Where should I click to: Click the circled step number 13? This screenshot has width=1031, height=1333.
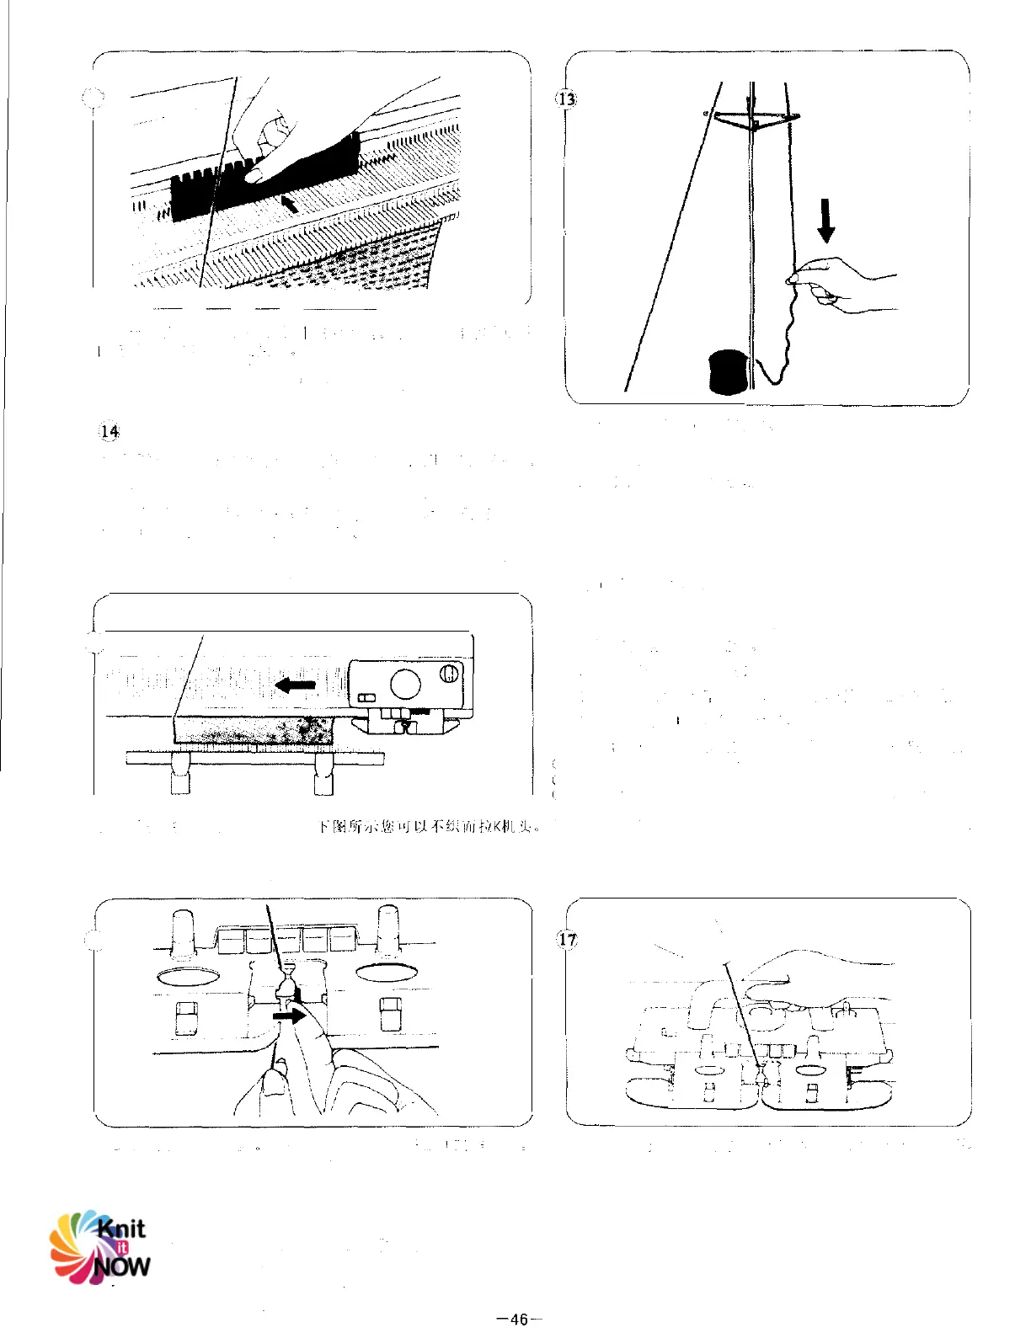click(x=567, y=99)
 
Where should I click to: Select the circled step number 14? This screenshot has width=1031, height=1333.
click(x=110, y=432)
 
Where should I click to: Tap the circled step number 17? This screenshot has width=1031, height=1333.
click(x=568, y=939)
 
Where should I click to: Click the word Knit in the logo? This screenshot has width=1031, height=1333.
click(x=121, y=1229)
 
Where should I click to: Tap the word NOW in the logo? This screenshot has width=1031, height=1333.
click(x=121, y=1266)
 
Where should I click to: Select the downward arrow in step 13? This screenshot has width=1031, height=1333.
click(x=826, y=220)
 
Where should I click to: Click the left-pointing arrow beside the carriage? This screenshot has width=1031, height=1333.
click(x=295, y=685)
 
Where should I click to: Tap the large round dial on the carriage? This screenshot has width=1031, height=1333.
click(x=405, y=683)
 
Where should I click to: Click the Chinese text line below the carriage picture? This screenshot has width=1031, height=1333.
click(x=428, y=826)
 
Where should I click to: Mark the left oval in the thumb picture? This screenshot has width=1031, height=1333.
click(x=188, y=975)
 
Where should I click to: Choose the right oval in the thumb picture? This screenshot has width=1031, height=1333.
click(x=387, y=973)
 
